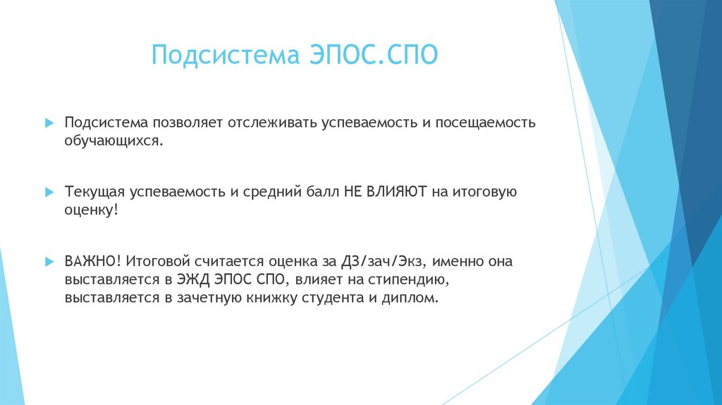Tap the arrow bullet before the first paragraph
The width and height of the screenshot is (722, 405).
49,123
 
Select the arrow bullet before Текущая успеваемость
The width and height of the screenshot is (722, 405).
49,192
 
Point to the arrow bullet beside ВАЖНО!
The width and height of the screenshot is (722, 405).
49,261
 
